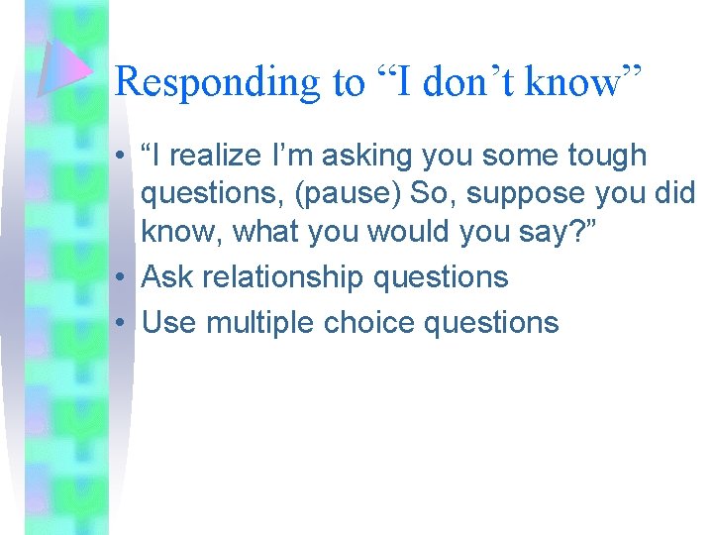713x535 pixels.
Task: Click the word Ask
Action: coord(168,278)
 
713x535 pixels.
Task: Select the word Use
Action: coord(169,322)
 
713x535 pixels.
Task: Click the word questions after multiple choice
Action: coord(494,322)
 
